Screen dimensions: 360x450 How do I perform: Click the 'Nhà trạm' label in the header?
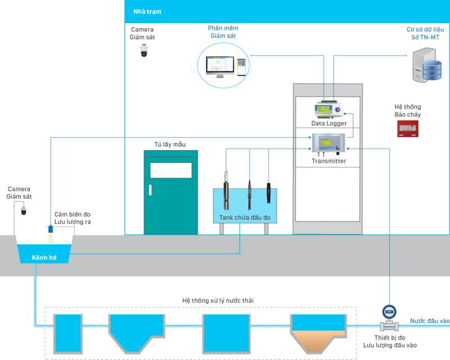point(147,11)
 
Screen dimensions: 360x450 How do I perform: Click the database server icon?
point(426,65)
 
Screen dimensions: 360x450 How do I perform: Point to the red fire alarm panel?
point(409,128)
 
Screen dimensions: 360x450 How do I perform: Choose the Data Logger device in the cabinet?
point(328,109)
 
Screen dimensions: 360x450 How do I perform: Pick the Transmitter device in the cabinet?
point(329,144)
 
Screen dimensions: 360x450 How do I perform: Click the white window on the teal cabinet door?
point(171,170)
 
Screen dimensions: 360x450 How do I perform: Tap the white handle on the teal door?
point(150,189)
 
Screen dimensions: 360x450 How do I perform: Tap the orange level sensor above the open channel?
point(50,237)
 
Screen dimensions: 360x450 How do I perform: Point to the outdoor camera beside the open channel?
point(24,210)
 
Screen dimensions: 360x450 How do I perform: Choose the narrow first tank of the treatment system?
point(67,331)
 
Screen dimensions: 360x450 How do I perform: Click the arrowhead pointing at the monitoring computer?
point(252,55)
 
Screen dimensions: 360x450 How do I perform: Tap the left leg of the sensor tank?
point(222,229)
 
